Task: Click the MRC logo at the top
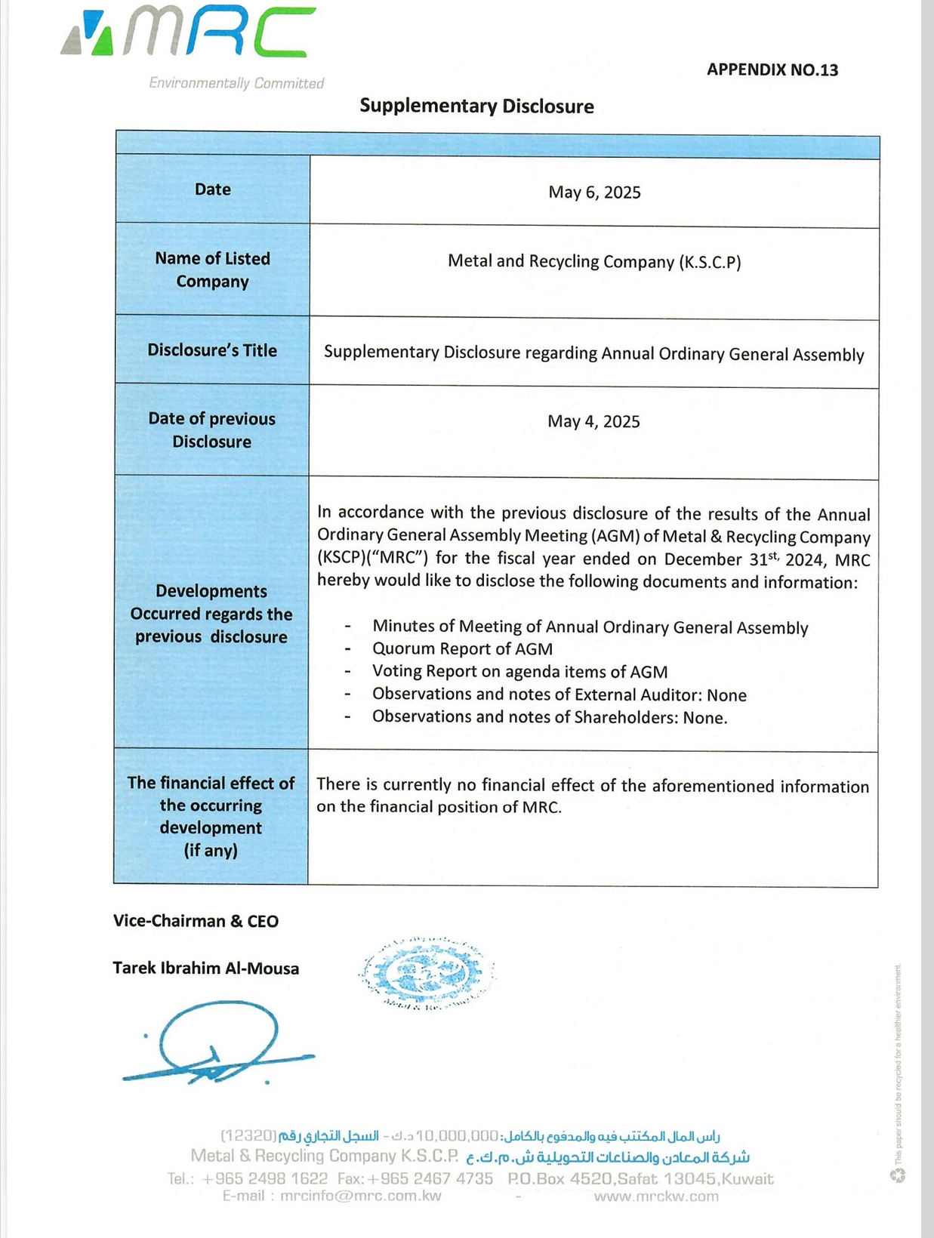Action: click(x=189, y=34)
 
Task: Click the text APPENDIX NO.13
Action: click(x=772, y=70)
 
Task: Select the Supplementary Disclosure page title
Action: click(x=476, y=106)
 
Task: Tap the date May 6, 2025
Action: click(x=594, y=192)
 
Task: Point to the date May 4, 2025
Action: click(x=593, y=421)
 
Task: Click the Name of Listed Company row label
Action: click(x=212, y=269)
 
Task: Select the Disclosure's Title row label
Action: click(x=212, y=350)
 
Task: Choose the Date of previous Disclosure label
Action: click(x=212, y=430)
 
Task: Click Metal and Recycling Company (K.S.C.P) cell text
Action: click(x=594, y=262)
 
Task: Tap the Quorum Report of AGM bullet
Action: click(x=462, y=649)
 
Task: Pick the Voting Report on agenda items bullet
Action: click(x=519, y=672)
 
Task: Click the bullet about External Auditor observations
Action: click(x=559, y=694)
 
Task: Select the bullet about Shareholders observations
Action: click(x=550, y=717)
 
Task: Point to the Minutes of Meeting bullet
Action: click(x=590, y=627)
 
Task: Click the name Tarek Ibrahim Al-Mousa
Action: click(x=205, y=969)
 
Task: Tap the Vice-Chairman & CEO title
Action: click(x=196, y=921)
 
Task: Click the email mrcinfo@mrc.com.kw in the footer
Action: click(x=360, y=1196)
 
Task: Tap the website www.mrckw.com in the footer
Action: click(x=655, y=1196)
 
